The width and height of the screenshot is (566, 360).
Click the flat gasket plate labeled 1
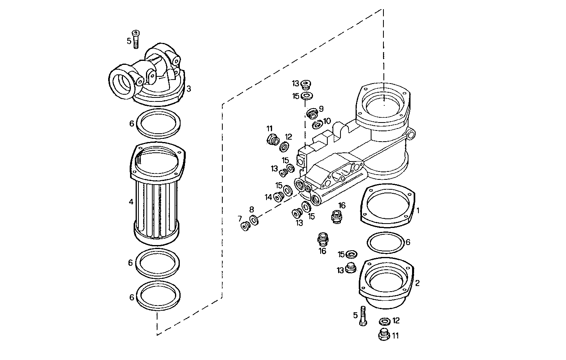coord(388,205)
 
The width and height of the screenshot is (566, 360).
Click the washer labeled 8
coord(253,219)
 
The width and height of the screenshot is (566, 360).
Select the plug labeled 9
coord(312,114)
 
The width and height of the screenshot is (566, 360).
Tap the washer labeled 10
coord(317,125)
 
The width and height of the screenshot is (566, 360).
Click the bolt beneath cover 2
coord(363,316)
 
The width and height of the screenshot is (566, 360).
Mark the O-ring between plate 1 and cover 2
coord(385,242)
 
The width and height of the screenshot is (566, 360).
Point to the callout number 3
coord(189,89)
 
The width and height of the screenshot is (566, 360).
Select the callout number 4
coord(131,202)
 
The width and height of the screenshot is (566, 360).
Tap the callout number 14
coord(268,197)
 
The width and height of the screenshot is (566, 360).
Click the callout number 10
coord(327,121)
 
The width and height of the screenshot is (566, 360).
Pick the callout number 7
coord(239,218)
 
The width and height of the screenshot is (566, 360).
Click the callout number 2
coord(417,283)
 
